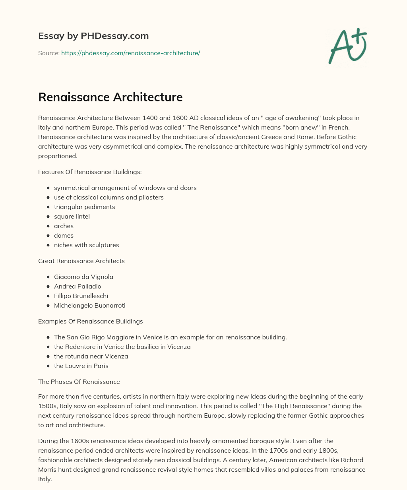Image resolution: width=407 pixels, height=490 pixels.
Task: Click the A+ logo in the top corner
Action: [347, 46]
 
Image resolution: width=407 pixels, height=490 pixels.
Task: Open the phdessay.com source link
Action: [130, 53]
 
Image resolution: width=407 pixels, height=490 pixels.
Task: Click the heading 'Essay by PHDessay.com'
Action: [93, 36]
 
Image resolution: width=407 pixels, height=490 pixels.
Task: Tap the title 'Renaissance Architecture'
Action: [110, 97]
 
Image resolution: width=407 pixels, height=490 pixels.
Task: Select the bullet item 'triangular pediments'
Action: [84, 207]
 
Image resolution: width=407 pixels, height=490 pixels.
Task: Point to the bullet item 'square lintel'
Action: [72, 216]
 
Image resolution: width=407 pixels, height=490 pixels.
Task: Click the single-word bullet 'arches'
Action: [64, 226]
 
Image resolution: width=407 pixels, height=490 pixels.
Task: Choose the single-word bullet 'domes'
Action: [64, 235]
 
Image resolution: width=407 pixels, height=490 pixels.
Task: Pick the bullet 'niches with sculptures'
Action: [86, 245]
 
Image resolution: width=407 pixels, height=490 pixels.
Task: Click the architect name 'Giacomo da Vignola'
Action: [83, 277]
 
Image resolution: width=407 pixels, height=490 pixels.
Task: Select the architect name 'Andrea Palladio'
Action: [78, 286]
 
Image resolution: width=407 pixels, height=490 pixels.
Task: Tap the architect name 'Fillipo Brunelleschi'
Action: [81, 296]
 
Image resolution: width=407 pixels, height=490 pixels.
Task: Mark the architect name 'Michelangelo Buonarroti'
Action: [89, 305]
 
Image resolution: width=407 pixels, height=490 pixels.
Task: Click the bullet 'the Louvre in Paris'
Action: [81, 366]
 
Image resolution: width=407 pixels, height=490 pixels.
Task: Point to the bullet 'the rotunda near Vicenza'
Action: [91, 356]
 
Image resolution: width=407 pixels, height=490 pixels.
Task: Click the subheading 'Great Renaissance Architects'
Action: [81, 261]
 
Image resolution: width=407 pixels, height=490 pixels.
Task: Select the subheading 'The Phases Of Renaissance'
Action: [79, 382]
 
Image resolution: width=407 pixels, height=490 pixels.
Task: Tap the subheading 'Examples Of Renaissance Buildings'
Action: [91, 321]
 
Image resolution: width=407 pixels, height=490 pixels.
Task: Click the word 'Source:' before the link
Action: [48, 53]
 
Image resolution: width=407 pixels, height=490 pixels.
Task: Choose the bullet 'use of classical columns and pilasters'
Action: [109, 197]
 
